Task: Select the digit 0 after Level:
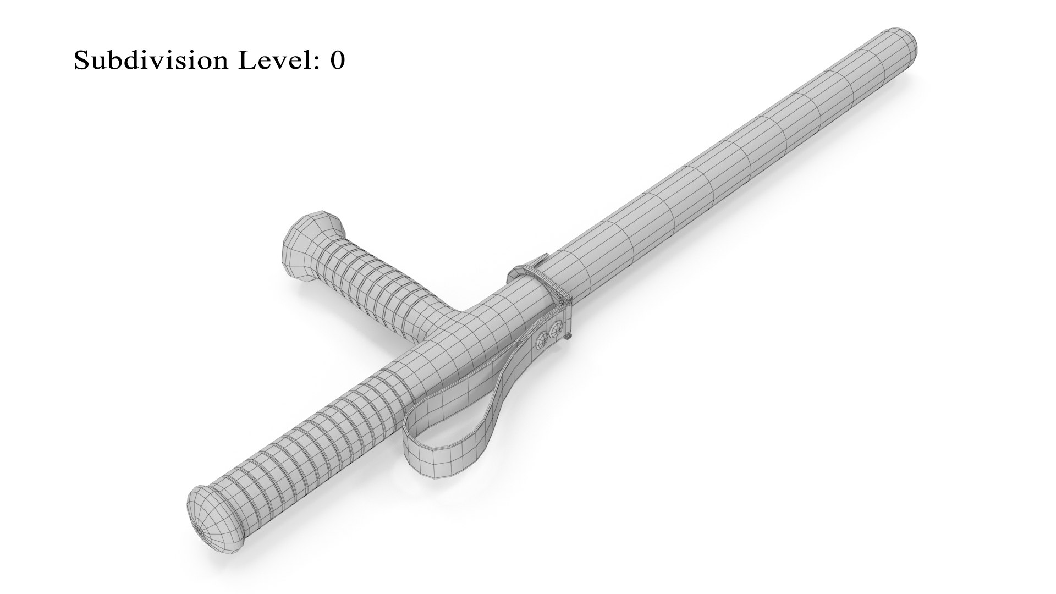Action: pyautogui.click(x=337, y=61)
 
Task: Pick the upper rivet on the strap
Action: pyautogui.click(x=557, y=328)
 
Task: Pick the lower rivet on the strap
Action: pyautogui.click(x=540, y=342)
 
